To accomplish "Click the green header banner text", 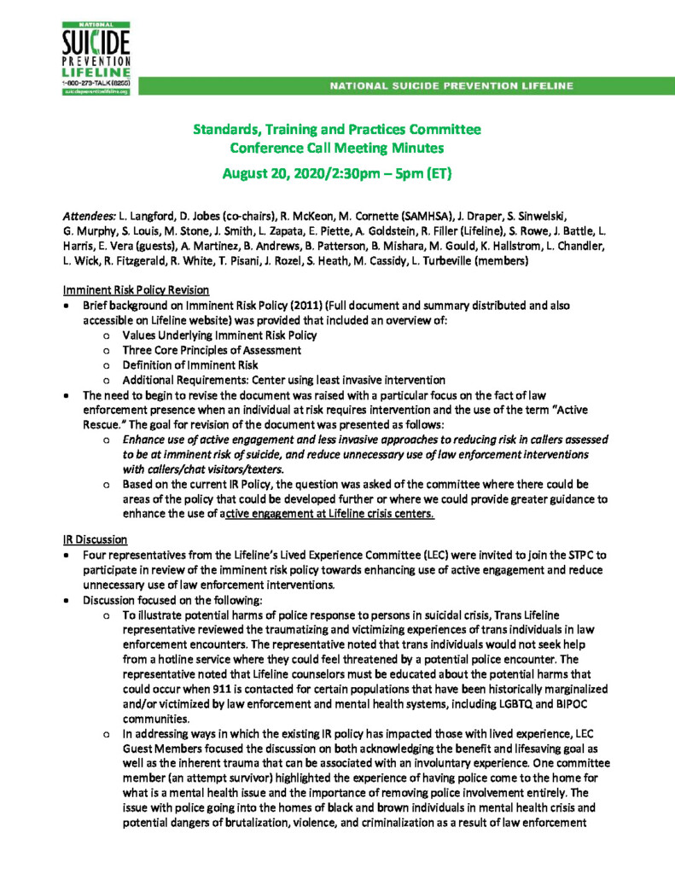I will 451,85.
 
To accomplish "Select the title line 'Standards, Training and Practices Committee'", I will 336,130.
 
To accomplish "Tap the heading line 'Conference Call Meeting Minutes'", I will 336,148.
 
